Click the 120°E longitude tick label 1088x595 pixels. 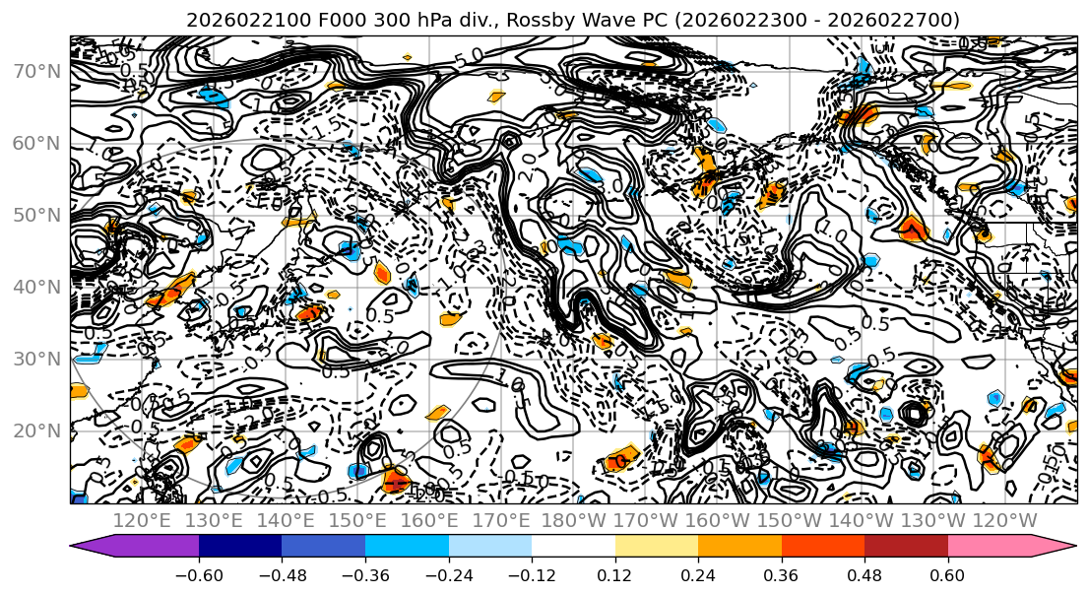click(142, 519)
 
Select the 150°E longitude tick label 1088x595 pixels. click(357, 519)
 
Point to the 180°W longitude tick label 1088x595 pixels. click(573, 519)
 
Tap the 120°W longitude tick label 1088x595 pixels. click(1004, 519)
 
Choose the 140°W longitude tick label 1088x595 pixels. click(861, 519)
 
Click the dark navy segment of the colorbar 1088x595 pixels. click(239, 548)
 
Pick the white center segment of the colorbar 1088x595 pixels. click(573, 548)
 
